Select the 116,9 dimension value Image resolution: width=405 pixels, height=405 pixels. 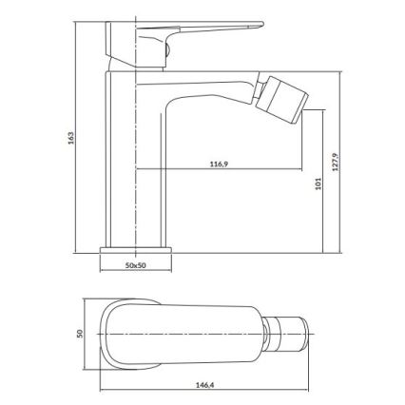(x=219, y=164)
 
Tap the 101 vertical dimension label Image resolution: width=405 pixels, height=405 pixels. (x=304, y=185)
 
